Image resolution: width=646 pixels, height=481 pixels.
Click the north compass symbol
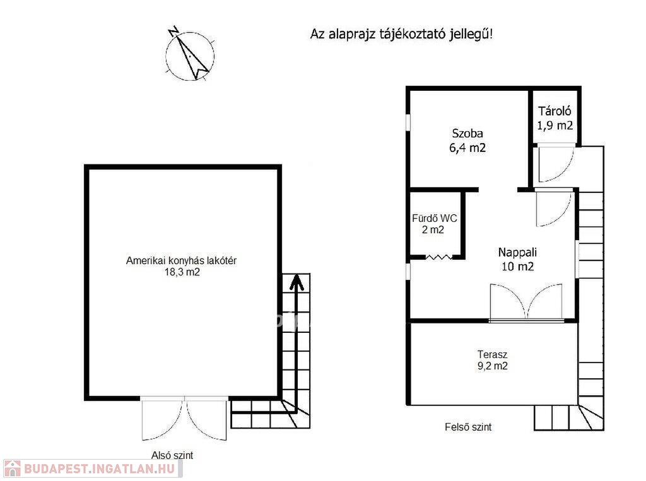[x=190, y=54]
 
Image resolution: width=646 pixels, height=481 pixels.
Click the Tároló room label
[x=555, y=111]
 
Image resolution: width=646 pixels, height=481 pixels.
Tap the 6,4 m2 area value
[x=467, y=148]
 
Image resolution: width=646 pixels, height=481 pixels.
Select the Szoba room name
[x=467, y=134]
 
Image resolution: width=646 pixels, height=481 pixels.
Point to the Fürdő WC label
[x=434, y=218]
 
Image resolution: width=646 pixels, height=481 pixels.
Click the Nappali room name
[x=517, y=252]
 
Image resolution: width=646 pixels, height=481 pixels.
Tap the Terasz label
[x=492, y=354]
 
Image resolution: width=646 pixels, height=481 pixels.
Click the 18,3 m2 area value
[x=182, y=272]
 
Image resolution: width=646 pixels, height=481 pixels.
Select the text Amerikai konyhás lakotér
[x=181, y=261]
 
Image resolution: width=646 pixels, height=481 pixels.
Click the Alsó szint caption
[x=172, y=455]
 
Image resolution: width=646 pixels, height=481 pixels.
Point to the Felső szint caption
[x=468, y=427]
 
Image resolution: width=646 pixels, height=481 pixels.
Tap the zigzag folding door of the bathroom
[x=438, y=257]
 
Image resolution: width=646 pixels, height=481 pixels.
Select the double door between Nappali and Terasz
[x=526, y=302]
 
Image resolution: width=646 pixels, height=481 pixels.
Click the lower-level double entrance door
[x=184, y=419]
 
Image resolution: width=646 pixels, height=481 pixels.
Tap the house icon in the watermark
[x=12, y=468]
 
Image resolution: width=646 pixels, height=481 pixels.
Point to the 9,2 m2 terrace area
[x=492, y=366]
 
